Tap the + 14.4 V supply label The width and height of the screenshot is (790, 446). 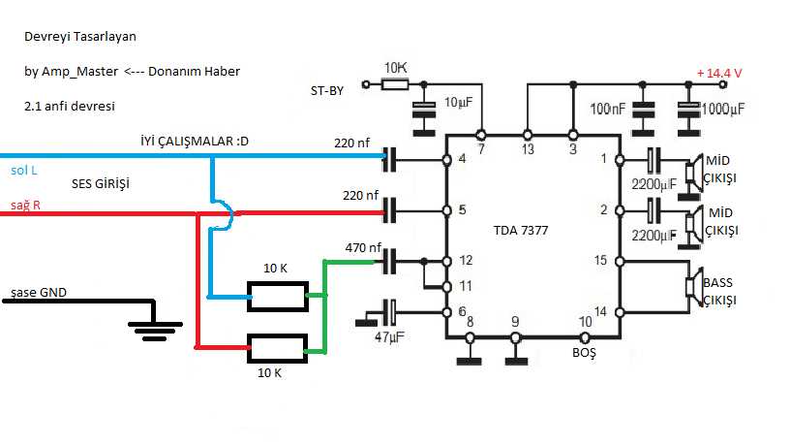pyautogui.click(x=719, y=73)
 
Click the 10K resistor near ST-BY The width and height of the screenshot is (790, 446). pyautogui.click(x=395, y=84)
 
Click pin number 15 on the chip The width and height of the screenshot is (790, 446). pyautogui.click(x=603, y=260)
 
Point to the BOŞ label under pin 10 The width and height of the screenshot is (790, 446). pyautogui.click(x=584, y=354)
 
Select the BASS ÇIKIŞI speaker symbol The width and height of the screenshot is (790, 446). pyautogui.click(x=692, y=287)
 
